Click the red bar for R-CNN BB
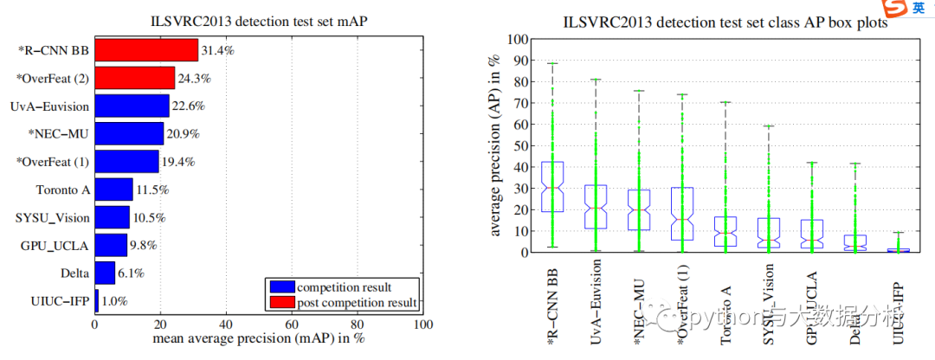[x=146, y=50]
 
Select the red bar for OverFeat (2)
[x=135, y=78]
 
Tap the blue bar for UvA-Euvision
[x=132, y=106]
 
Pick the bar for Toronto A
[x=113, y=189]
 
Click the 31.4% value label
[x=217, y=50]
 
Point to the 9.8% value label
[x=144, y=244]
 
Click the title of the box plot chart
[x=725, y=23]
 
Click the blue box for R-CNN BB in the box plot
[x=551, y=187]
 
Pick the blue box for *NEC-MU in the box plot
[x=640, y=209]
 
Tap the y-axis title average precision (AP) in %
[x=497, y=145]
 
